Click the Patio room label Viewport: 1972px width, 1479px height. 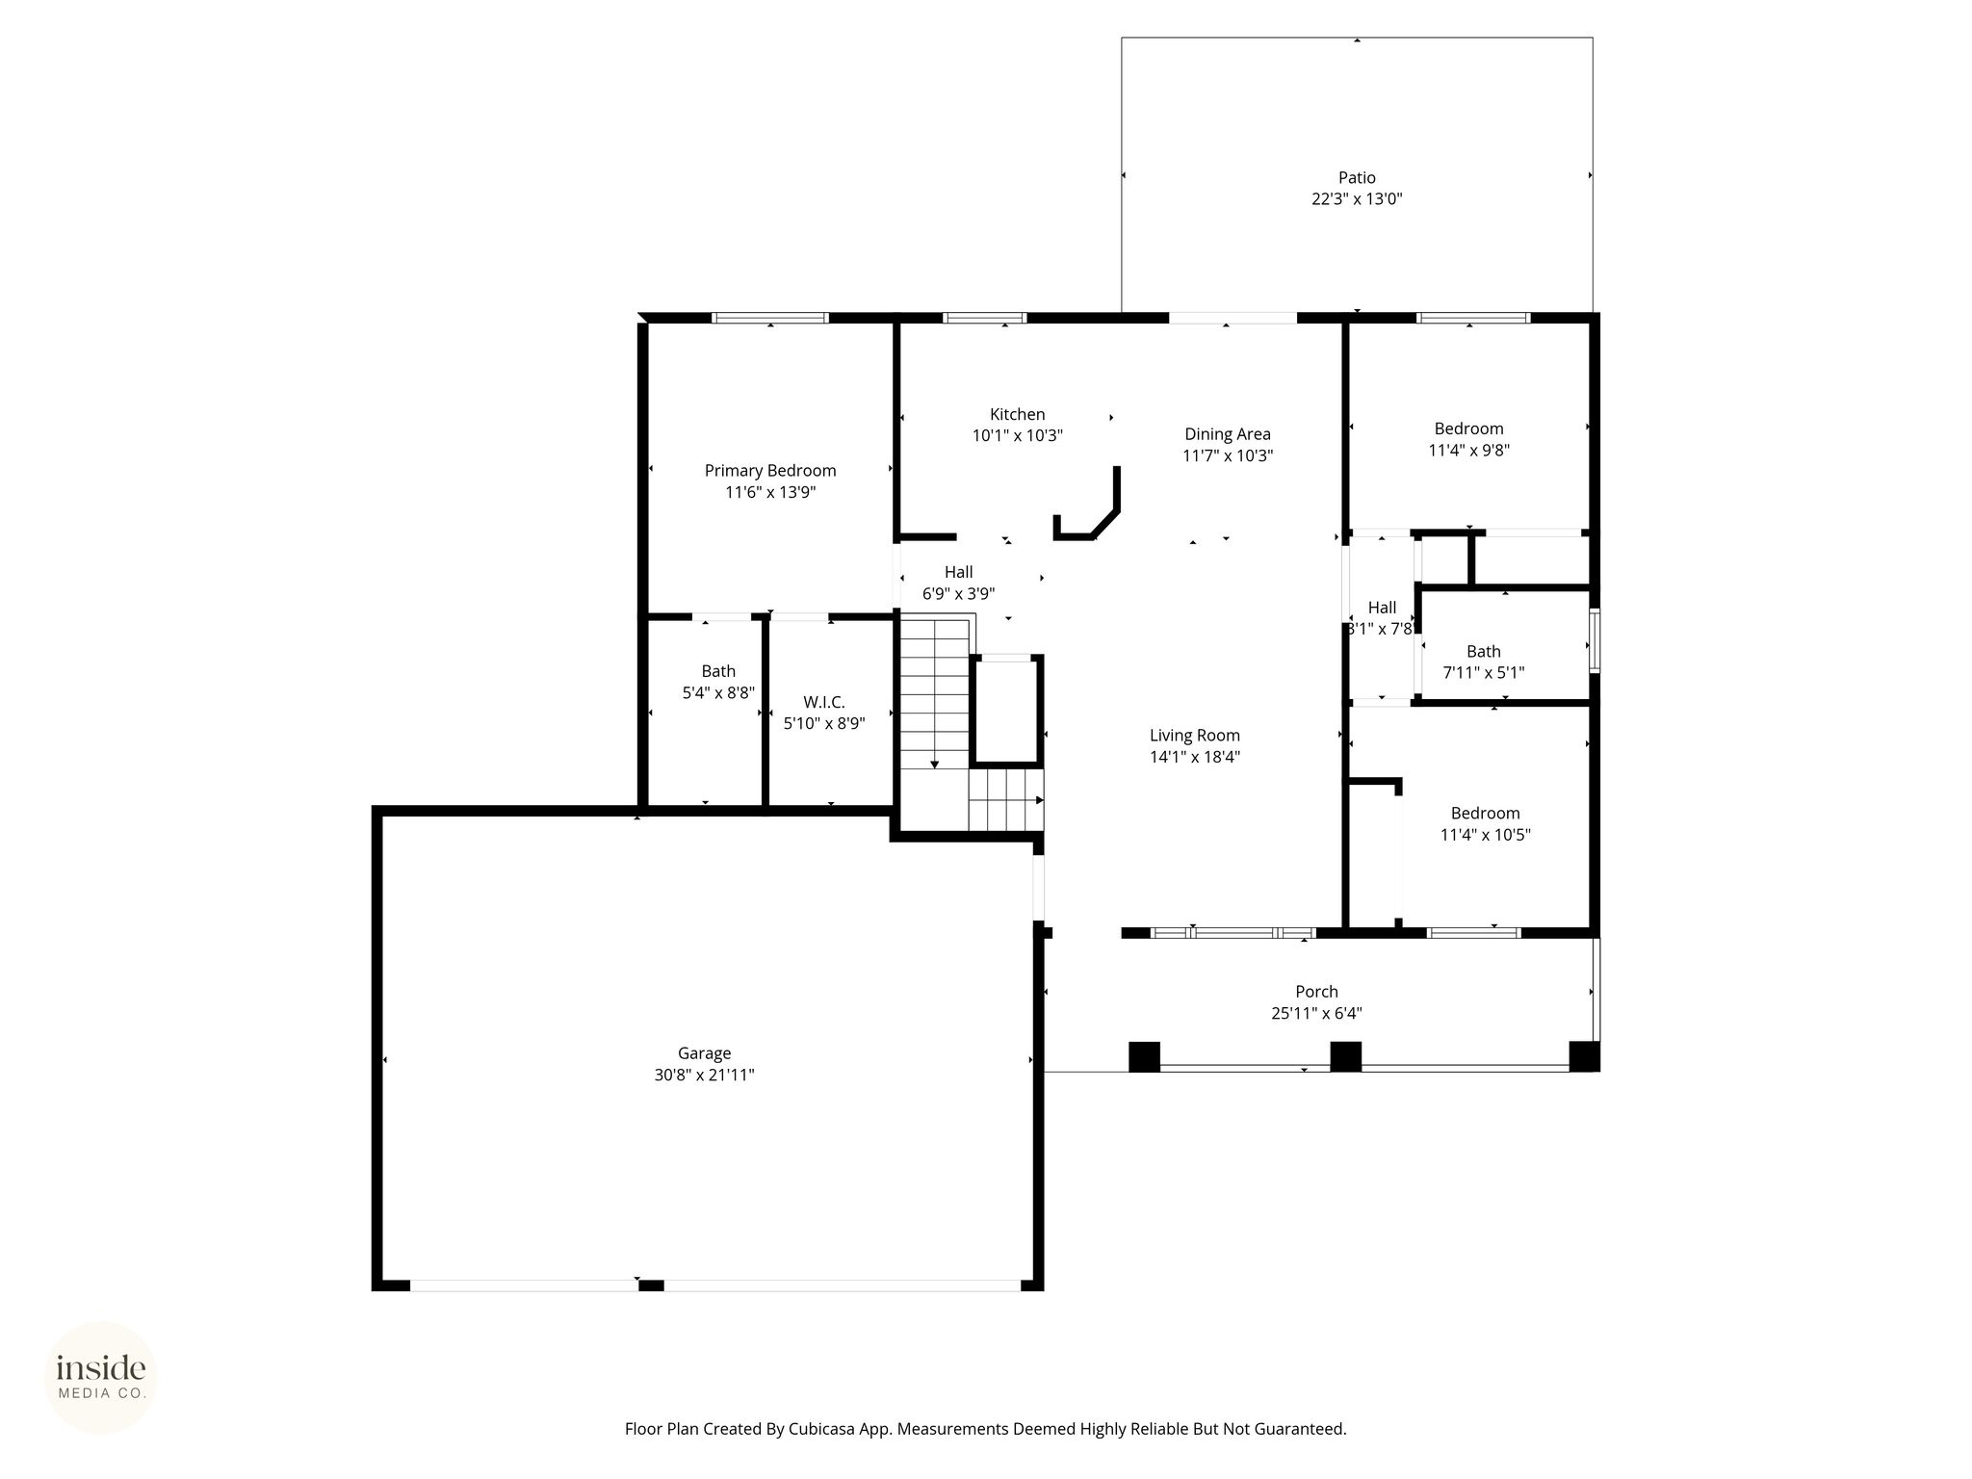pyautogui.click(x=1357, y=177)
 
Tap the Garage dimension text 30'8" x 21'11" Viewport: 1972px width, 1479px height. pyautogui.click(x=704, y=1075)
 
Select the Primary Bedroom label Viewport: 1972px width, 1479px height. pyautogui.click(x=770, y=470)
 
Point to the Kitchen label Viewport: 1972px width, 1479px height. pyautogui.click(x=1017, y=414)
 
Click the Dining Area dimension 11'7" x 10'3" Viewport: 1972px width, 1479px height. pyautogui.click(x=1228, y=455)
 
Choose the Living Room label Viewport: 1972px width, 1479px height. pyautogui.click(x=1195, y=735)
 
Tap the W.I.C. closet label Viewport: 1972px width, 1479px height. pyautogui.click(x=824, y=703)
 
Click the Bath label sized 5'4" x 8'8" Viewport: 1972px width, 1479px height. pyautogui.click(x=718, y=671)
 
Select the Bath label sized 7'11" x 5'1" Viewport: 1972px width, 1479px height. pyautogui.click(x=1484, y=651)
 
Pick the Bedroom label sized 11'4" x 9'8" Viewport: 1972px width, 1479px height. pyautogui.click(x=1468, y=428)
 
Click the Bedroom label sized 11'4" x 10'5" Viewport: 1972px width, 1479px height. pyautogui.click(x=1486, y=813)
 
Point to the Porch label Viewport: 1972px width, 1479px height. pyautogui.click(x=1316, y=991)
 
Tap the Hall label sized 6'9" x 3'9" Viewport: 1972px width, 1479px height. pyautogui.click(x=958, y=572)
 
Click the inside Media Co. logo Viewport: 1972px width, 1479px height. pyautogui.click(x=101, y=1377)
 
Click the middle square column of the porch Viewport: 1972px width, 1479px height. pyautogui.click(x=1345, y=1056)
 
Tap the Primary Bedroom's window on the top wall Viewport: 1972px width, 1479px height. pyautogui.click(x=770, y=318)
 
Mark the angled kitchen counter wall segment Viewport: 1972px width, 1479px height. pyautogui.click(x=1105, y=524)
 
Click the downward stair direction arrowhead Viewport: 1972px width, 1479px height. pyautogui.click(x=934, y=765)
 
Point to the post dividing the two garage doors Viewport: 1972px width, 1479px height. pyautogui.click(x=651, y=1284)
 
